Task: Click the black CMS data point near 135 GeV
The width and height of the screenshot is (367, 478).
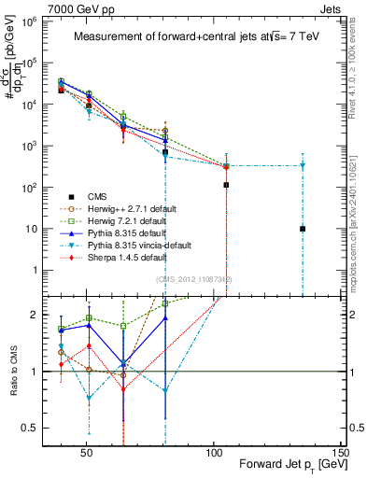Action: [x=303, y=229]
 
